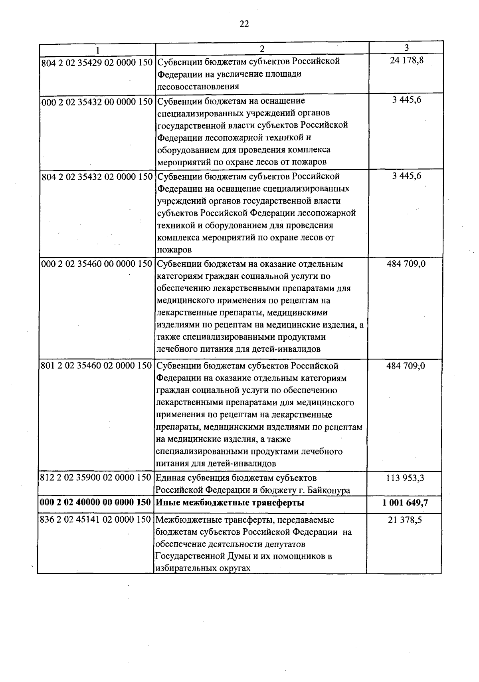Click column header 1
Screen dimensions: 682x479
point(97,50)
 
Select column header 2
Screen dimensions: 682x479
point(262,49)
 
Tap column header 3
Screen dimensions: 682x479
point(406,48)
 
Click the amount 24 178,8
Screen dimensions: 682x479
point(406,61)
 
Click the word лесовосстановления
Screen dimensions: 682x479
point(198,86)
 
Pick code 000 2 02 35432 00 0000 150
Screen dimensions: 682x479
point(97,101)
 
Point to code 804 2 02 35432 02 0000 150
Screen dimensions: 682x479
point(97,176)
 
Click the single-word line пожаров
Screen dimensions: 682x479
point(174,250)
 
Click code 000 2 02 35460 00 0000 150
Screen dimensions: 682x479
point(97,264)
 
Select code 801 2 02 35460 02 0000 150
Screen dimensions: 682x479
point(97,366)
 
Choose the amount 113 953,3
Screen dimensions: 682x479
point(405,478)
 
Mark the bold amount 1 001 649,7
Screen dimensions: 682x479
point(405,503)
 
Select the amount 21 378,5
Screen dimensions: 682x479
point(405,520)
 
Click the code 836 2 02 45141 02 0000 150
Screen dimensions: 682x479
point(96,520)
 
